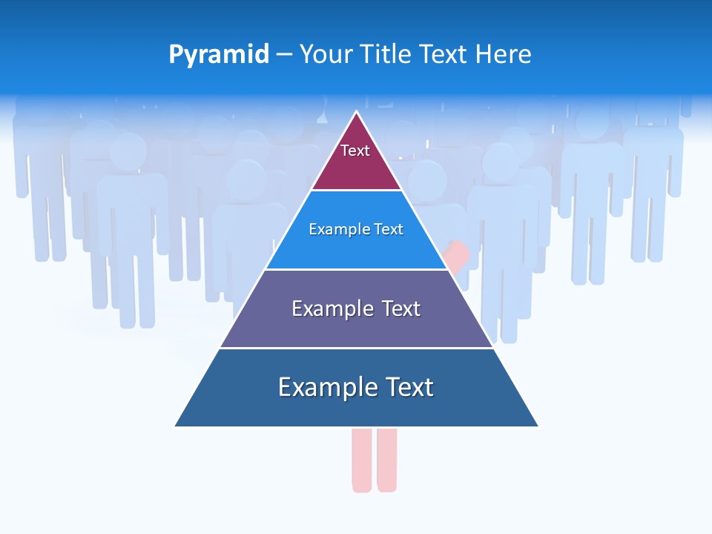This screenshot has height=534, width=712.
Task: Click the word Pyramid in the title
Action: pyautogui.click(x=219, y=55)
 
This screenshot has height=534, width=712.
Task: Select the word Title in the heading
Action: pyautogui.click(x=388, y=54)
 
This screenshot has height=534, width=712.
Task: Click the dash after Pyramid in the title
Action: pyautogui.click(x=284, y=55)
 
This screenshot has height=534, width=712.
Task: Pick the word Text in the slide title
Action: pyautogui.click(x=445, y=54)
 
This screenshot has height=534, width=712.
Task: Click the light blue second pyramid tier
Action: pyautogui.click(x=356, y=248)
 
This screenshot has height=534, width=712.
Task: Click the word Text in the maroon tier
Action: pyautogui.click(x=355, y=151)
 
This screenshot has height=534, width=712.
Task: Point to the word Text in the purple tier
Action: pyautogui.click(x=401, y=309)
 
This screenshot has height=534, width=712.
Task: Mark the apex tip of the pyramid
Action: pyautogui.click(x=357, y=113)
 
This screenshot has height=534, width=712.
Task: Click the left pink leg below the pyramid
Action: pyautogui.click(x=362, y=460)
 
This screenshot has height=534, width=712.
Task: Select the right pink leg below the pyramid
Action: pyautogui.click(x=387, y=460)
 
